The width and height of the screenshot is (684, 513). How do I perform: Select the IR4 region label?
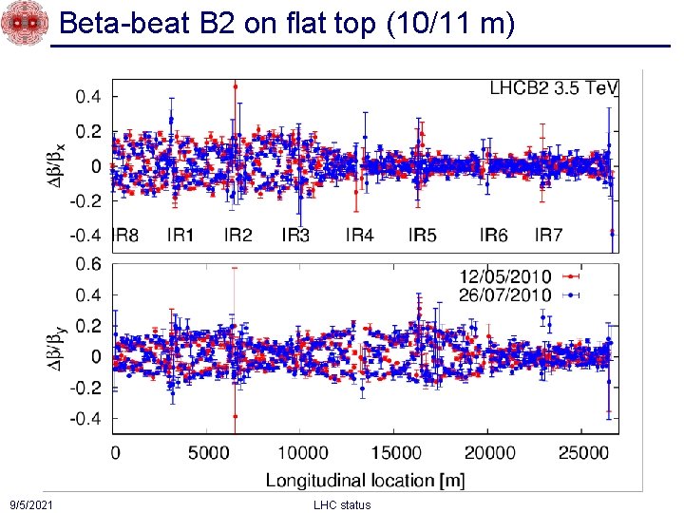click(x=359, y=235)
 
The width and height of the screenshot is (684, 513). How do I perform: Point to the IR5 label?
click(x=422, y=235)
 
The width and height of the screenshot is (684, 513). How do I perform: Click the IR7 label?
click(x=549, y=235)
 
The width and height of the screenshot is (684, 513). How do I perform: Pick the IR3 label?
click(x=295, y=235)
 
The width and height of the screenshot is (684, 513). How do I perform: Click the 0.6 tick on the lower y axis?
click(x=89, y=264)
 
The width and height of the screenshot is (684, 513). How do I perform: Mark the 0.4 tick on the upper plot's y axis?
click(x=89, y=96)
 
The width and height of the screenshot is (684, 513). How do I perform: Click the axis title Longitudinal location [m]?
click(x=365, y=480)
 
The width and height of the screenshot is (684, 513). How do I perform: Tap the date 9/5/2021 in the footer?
click(x=30, y=504)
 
